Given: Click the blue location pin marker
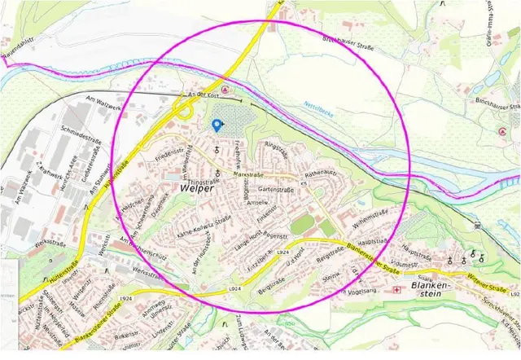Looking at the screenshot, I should coord(217,125).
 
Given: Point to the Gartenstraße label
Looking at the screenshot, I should coord(276,189).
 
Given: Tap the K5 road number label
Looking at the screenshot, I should coord(304,186).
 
